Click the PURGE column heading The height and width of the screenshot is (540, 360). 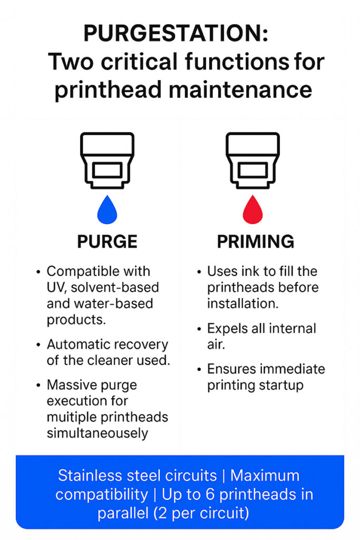107,242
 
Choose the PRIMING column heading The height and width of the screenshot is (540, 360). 256,242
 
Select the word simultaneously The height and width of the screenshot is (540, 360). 98,433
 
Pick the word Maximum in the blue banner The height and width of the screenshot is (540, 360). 265,476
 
